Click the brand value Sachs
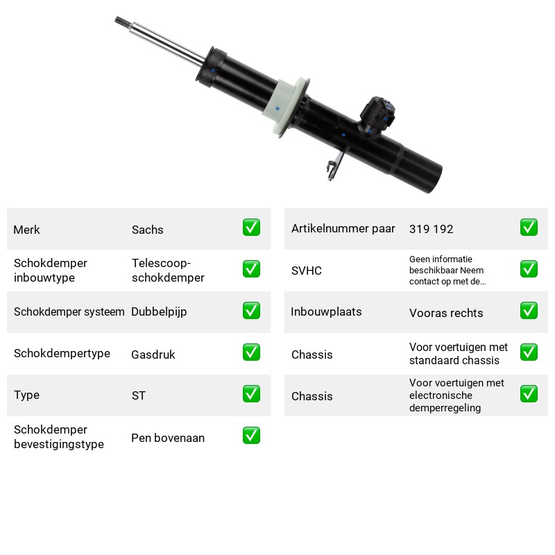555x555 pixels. click(x=147, y=230)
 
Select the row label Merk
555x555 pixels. click(x=26, y=230)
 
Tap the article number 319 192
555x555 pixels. click(x=431, y=229)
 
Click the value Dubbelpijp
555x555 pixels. click(x=159, y=311)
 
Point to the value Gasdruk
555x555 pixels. click(x=153, y=355)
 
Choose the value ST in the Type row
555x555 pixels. click(x=138, y=395)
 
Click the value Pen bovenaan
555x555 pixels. click(x=168, y=438)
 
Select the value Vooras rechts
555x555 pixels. click(x=446, y=313)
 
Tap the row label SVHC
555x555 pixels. click(x=307, y=271)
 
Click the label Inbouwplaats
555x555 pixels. click(x=326, y=311)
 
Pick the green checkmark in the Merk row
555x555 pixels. click(x=251, y=228)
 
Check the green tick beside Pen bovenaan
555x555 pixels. click(x=251, y=436)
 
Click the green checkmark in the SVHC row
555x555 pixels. click(x=529, y=269)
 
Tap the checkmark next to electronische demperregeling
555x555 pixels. click(x=529, y=394)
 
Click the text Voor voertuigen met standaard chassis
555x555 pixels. click(x=459, y=354)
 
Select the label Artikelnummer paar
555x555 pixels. click(x=343, y=229)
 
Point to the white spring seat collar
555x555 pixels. click(x=286, y=107)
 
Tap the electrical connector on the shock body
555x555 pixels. click(x=377, y=116)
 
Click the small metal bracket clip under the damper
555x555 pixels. click(x=335, y=165)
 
